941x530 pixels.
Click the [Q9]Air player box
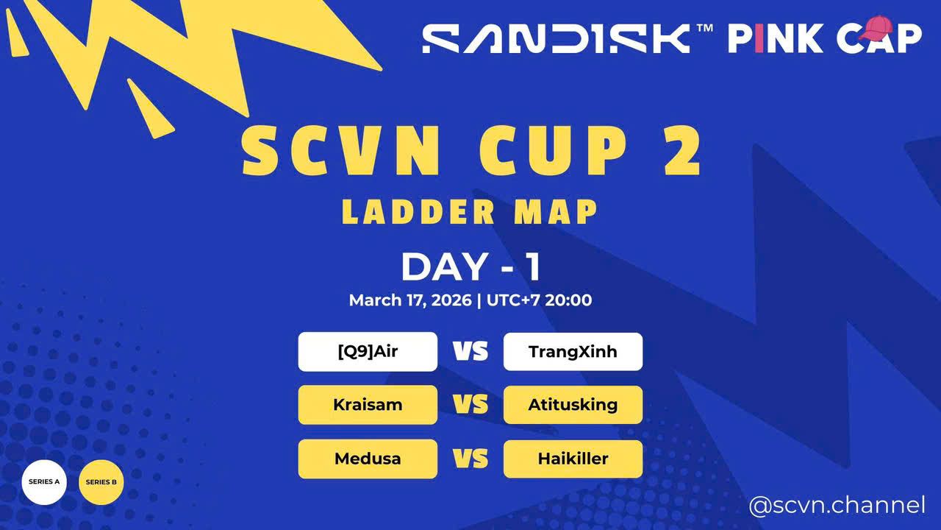tap(368, 352)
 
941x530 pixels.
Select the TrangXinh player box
tap(573, 352)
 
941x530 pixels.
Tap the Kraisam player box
tap(368, 405)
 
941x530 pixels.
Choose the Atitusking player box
tap(573, 405)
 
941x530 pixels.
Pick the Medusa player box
tap(368, 459)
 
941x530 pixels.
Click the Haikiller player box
tap(573, 459)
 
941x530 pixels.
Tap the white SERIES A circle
tap(44, 482)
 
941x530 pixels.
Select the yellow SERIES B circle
tap(101, 482)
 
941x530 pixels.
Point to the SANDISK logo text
tap(556, 38)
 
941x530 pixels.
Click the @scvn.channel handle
tap(837, 506)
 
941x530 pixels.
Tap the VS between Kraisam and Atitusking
tap(470, 405)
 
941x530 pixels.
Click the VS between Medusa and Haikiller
tap(470, 459)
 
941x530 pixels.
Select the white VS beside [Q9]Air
tap(470, 352)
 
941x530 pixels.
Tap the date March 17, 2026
tap(410, 300)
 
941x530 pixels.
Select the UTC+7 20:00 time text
tap(539, 300)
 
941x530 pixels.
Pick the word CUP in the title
tap(551, 152)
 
